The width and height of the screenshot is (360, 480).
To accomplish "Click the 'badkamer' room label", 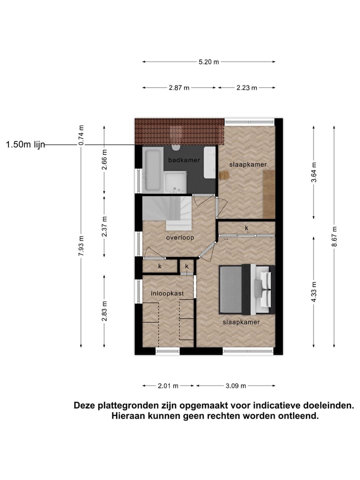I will pyautogui.click(x=184, y=160).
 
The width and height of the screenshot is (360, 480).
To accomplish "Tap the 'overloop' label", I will pyautogui.click(x=180, y=237).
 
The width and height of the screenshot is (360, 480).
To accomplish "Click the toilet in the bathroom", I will pyautogui.click(x=175, y=147).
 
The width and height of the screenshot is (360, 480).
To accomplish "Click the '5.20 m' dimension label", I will pyautogui.click(x=208, y=62).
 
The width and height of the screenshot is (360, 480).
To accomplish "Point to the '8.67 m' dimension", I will pyautogui.click(x=334, y=236).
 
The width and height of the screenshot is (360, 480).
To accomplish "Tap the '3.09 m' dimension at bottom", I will pyautogui.click(x=235, y=386).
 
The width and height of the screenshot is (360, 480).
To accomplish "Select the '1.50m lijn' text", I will pyautogui.click(x=25, y=144).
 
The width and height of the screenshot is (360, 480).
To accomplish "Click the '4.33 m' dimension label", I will pyautogui.click(x=313, y=292).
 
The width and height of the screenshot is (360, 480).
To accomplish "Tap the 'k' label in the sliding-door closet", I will pyautogui.click(x=246, y=228).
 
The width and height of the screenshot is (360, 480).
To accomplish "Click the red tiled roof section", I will pyautogui.click(x=177, y=131).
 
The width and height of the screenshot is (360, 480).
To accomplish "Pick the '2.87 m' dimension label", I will pyautogui.click(x=179, y=87).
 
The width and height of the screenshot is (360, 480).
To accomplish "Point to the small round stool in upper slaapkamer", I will pyautogui.click(x=223, y=175).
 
